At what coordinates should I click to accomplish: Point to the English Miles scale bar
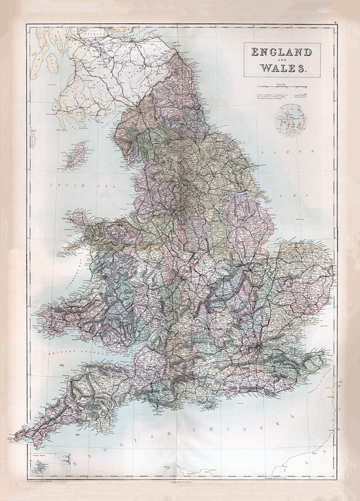coord(282,88)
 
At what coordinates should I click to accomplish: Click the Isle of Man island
coord(74,155)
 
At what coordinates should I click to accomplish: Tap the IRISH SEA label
coord(66,185)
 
